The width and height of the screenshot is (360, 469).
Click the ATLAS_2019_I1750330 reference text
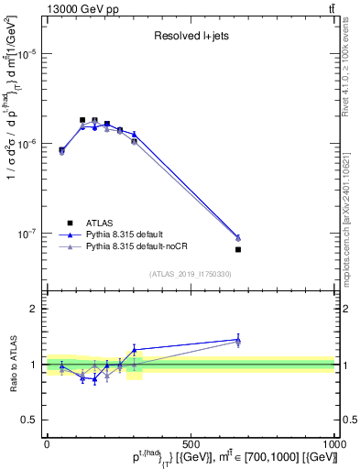coord(189,274)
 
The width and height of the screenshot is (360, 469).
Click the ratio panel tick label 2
coord(33,309)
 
